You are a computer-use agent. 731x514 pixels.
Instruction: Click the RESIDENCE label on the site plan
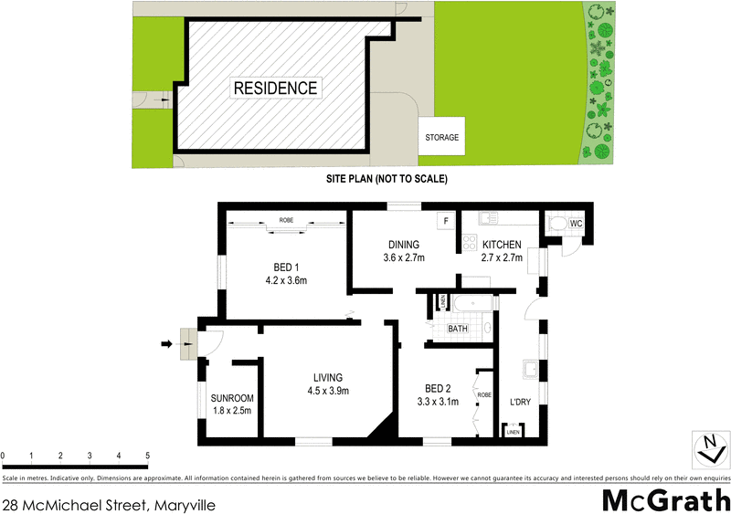point(275,89)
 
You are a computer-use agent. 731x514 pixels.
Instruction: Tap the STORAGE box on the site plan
point(441,138)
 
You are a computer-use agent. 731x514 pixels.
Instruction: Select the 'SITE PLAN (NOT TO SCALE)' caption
point(387,180)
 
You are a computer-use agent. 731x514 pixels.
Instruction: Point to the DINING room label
point(403,245)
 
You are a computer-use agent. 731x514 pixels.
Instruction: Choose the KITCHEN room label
point(502,245)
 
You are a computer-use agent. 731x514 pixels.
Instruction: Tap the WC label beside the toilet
point(577,223)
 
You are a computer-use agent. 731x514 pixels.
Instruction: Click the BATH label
point(458,329)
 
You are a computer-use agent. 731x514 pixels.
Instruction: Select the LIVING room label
point(327,377)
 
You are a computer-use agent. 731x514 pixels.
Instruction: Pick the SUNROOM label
point(231,399)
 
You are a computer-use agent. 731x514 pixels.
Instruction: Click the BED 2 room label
point(437,387)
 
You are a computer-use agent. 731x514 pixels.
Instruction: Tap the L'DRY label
point(520,401)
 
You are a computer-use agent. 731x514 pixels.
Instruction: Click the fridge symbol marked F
point(446,221)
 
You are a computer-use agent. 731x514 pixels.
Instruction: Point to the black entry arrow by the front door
point(166,343)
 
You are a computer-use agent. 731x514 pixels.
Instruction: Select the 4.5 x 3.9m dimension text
point(327,391)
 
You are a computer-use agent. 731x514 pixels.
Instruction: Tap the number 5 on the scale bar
point(147,455)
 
